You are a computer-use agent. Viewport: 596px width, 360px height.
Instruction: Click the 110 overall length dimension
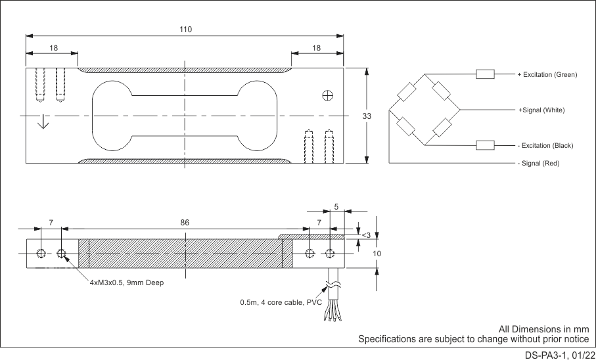(x=185, y=30)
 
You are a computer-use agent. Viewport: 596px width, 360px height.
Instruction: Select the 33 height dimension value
(x=367, y=116)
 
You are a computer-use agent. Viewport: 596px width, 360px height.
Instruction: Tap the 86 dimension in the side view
(x=185, y=223)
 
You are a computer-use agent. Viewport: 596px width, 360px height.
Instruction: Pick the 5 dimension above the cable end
(x=336, y=207)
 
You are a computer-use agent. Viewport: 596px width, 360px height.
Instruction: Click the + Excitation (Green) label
(x=547, y=74)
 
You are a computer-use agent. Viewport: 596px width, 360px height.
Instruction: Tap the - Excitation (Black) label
(x=545, y=145)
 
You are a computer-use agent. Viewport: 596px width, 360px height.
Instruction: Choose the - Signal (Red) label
(x=538, y=163)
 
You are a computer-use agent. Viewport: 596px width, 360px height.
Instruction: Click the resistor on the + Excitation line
(x=485, y=74)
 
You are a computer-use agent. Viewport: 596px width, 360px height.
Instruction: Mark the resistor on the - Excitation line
(x=485, y=145)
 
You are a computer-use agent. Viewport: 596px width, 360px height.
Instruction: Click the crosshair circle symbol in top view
(x=327, y=96)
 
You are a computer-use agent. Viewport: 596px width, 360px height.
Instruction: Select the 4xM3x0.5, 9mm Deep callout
(x=127, y=282)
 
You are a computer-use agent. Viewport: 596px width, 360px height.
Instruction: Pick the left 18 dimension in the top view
(x=53, y=48)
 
